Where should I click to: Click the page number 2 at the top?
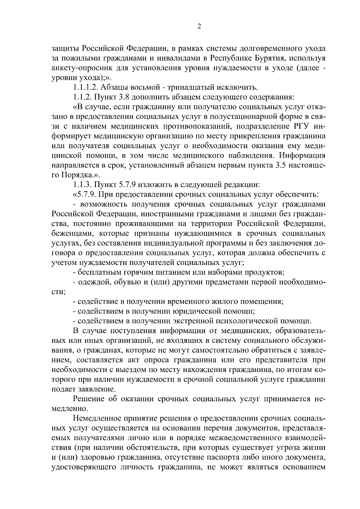[x=199, y=26]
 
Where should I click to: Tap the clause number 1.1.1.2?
[x=85, y=88]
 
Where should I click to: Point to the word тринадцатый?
[x=190, y=88]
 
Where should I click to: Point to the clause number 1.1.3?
[x=82, y=184]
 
